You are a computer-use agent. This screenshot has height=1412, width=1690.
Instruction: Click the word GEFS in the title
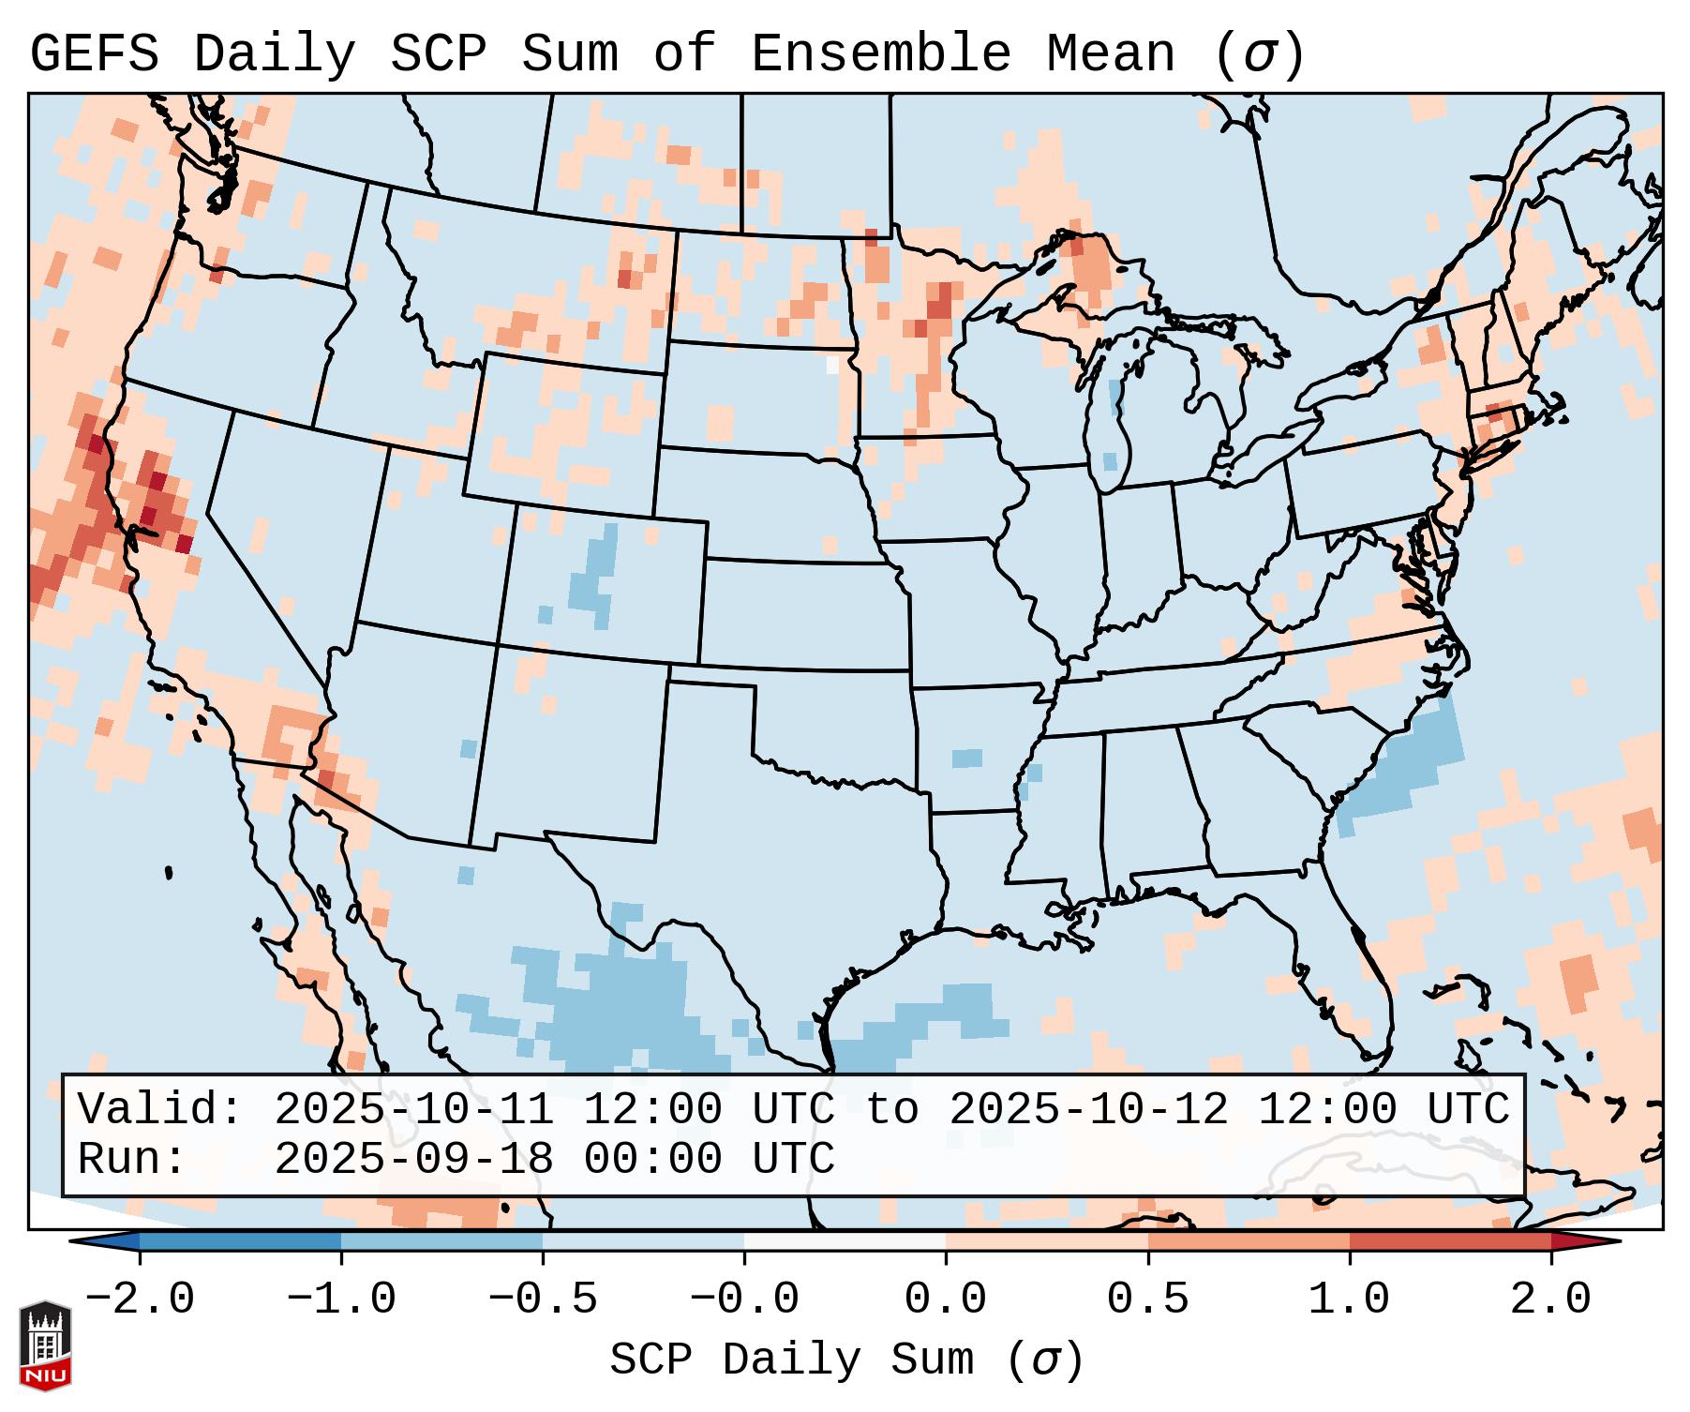coord(94,54)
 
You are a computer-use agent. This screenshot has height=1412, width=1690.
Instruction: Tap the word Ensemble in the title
coord(880,54)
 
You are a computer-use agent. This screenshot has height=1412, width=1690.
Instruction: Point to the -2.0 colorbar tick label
coord(140,1299)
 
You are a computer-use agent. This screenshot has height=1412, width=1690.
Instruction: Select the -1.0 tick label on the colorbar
coord(341,1299)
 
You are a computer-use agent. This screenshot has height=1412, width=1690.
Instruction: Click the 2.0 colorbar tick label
coord(1550,1299)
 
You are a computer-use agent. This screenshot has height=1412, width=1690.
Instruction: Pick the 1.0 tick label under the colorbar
coord(1349,1299)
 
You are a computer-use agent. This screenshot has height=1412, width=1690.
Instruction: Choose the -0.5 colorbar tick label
coord(543,1299)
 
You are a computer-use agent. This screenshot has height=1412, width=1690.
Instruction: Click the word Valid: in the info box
coord(160,1109)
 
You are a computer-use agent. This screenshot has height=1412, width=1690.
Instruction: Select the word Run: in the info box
coord(132,1160)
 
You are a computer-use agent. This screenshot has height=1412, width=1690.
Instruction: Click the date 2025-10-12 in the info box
coord(1088,1109)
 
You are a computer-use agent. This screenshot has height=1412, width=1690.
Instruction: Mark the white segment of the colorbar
coord(845,1241)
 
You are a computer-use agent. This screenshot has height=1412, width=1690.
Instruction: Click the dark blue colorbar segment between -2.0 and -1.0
coord(240,1241)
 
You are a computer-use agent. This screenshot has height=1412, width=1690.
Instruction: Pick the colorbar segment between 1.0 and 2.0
coord(1450,1241)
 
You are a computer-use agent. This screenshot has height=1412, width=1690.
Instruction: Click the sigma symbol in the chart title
coord(1259,54)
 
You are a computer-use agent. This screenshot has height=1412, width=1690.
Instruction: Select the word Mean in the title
coord(1110,54)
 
